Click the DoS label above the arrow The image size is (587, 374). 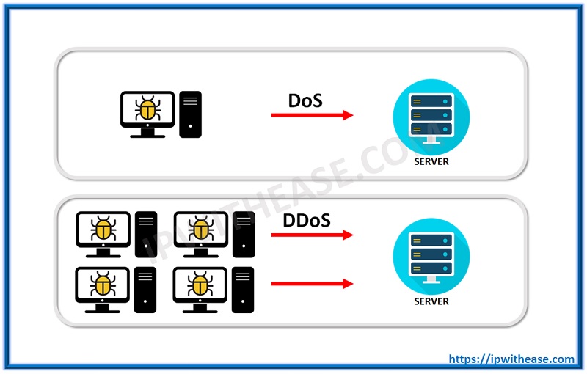[305, 100]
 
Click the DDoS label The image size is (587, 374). [306, 220]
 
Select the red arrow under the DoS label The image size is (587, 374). [312, 115]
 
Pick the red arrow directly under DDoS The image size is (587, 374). [312, 235]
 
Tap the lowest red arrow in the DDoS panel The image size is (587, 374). [312, 283]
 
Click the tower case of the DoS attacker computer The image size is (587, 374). [190, 114]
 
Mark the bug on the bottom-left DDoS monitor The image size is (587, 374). [103, 285]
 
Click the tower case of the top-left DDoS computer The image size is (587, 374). [146, 233]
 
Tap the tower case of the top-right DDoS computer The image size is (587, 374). [243, 233]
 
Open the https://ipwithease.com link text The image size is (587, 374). [511, 359]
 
